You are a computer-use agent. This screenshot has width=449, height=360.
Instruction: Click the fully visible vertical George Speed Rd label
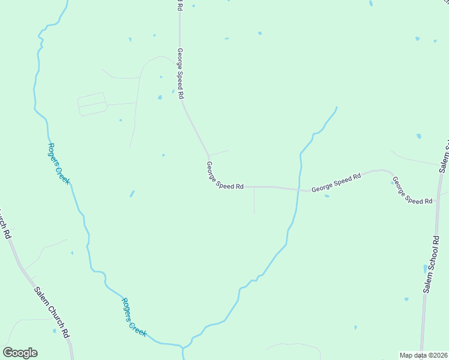179,74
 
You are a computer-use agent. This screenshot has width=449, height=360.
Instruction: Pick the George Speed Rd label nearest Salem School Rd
412,191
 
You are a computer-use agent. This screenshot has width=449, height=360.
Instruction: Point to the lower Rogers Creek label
133,317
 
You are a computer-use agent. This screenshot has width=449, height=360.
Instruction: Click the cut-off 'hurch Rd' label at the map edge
5,224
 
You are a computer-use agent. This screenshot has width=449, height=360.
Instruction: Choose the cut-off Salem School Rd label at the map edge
445,157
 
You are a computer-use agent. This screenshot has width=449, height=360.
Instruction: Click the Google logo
20,353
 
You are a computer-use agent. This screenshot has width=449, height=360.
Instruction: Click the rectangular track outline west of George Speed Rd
92,104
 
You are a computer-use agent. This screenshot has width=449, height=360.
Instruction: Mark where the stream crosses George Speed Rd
298,190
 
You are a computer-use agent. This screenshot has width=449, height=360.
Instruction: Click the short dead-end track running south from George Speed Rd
255,200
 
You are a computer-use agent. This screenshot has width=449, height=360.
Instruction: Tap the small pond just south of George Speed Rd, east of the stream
327,196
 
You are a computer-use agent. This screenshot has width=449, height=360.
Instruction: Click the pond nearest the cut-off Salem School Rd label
418,136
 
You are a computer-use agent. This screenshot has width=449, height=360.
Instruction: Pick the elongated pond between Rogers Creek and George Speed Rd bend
131,194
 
